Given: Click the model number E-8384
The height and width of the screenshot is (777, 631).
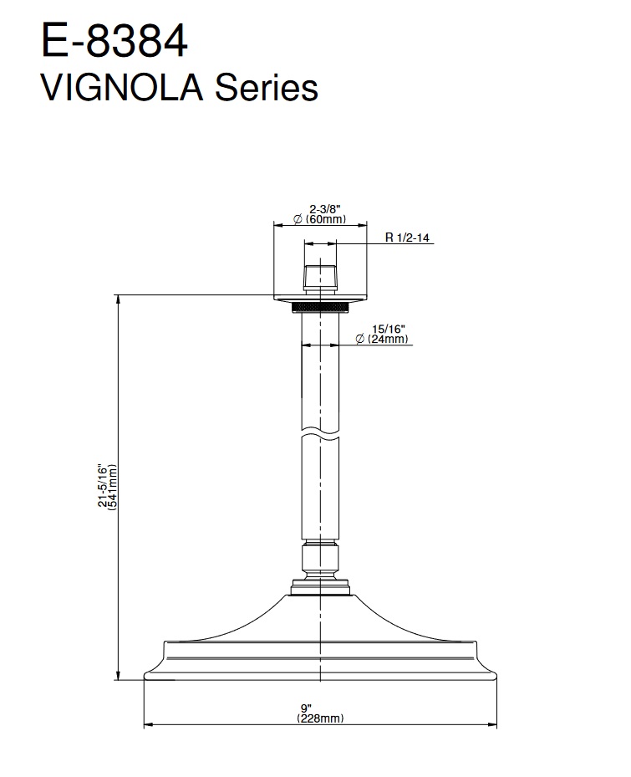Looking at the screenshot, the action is click(114, 42).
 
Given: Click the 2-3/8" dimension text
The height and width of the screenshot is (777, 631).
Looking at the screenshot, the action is click(325, 210).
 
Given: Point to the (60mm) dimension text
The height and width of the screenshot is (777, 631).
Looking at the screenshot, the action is click(326, 219).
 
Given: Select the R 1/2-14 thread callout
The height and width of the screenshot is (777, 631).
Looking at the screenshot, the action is click(407, 238).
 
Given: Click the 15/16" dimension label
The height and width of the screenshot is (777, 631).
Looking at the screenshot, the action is click(389, 330).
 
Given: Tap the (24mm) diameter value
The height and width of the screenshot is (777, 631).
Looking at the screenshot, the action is click(388, 339).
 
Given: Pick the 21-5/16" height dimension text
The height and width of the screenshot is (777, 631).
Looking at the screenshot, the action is click(103, 486).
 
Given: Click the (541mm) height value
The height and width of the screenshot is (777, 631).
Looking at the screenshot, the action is click(112, 487).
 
